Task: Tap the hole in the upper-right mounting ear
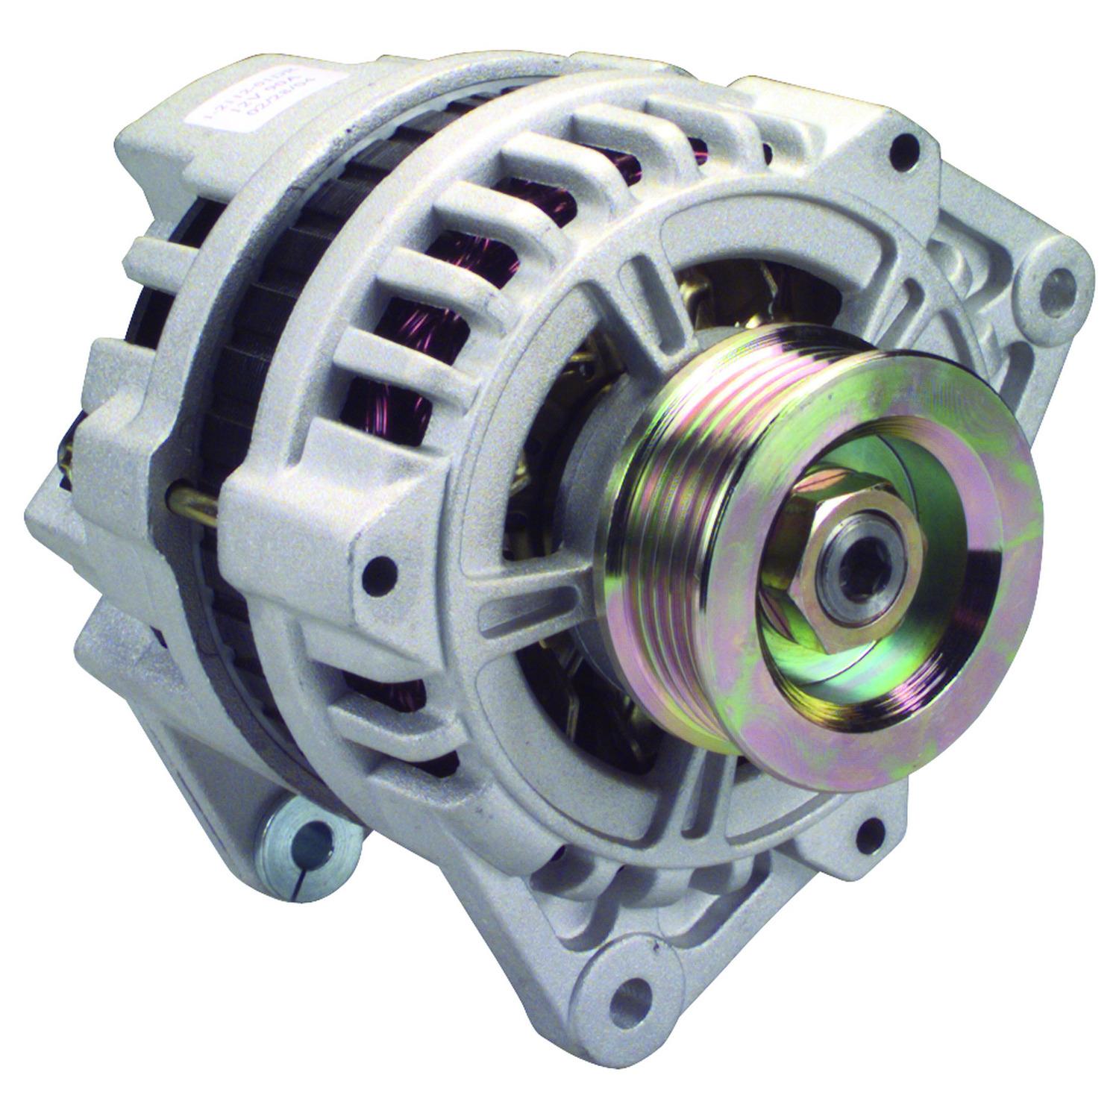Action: point(1053,282)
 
